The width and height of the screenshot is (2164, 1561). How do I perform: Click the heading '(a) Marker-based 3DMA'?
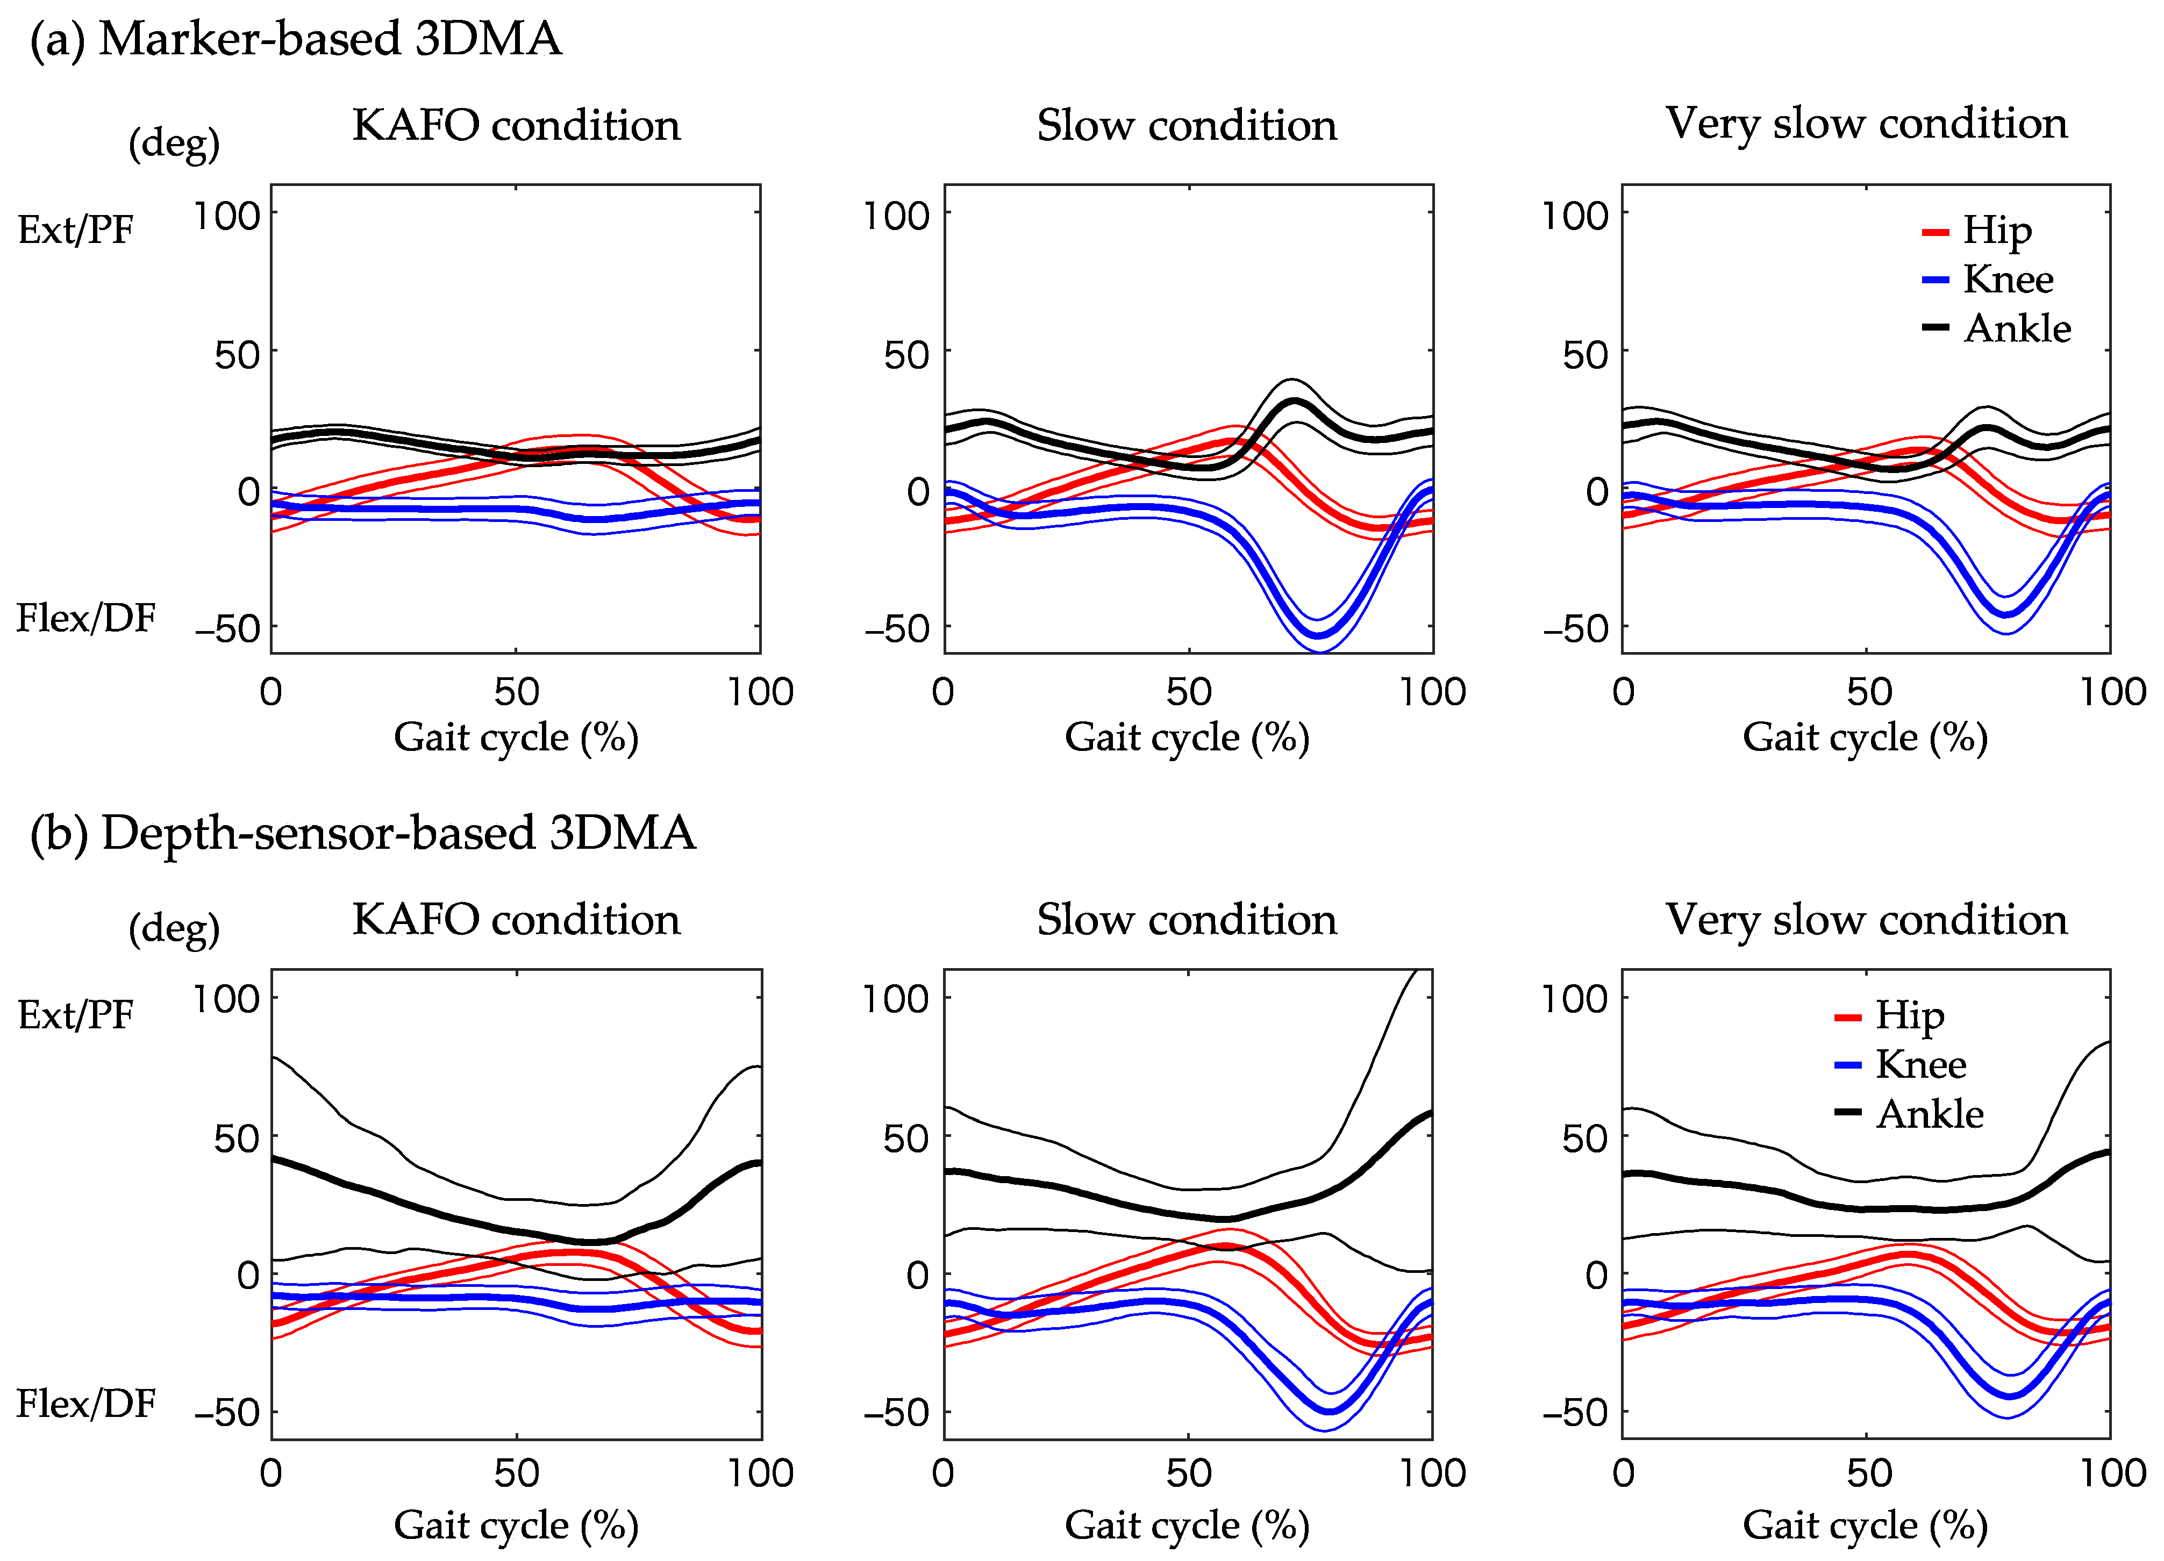pos(296,40)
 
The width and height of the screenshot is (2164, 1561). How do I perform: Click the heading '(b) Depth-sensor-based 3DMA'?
pos(362,833)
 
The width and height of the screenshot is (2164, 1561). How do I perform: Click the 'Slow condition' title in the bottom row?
pos(1187,920)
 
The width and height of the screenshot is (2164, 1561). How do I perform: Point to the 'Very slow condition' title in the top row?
pos(1866,124)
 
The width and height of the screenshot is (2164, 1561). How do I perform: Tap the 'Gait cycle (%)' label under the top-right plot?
pos(1866,737)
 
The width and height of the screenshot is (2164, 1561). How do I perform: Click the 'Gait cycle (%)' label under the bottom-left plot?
pos(516,1526)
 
